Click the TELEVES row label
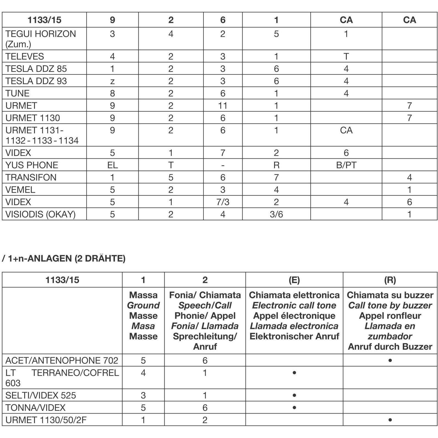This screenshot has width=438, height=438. point(24,56)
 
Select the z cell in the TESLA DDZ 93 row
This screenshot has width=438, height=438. point(112,81)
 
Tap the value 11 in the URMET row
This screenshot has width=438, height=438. point(223,106)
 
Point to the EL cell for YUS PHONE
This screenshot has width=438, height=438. point(112,165)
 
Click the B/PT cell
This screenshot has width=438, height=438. point(346,165)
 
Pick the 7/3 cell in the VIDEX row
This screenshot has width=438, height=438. point(223,202)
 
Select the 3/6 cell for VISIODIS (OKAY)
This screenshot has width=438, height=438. point(276,214)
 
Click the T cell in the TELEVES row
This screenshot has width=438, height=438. point(346,56)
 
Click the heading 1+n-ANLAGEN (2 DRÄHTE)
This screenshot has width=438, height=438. point(66,258)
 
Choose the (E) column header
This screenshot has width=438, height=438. point(294,280)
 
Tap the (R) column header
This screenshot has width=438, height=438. point(390,280)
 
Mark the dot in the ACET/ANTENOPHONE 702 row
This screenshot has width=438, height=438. point(390,360)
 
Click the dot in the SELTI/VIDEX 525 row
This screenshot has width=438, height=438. point(294,395)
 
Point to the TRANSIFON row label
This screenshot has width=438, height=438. point(31,177)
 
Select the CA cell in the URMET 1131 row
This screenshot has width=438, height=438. point(346,130)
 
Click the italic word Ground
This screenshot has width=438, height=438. point(143,305)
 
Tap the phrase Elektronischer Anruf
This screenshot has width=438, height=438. point(294,336)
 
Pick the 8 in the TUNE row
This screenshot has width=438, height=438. point(112,93)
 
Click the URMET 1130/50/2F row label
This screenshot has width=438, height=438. point(46,420)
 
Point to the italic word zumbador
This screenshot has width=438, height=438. point(390,336)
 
